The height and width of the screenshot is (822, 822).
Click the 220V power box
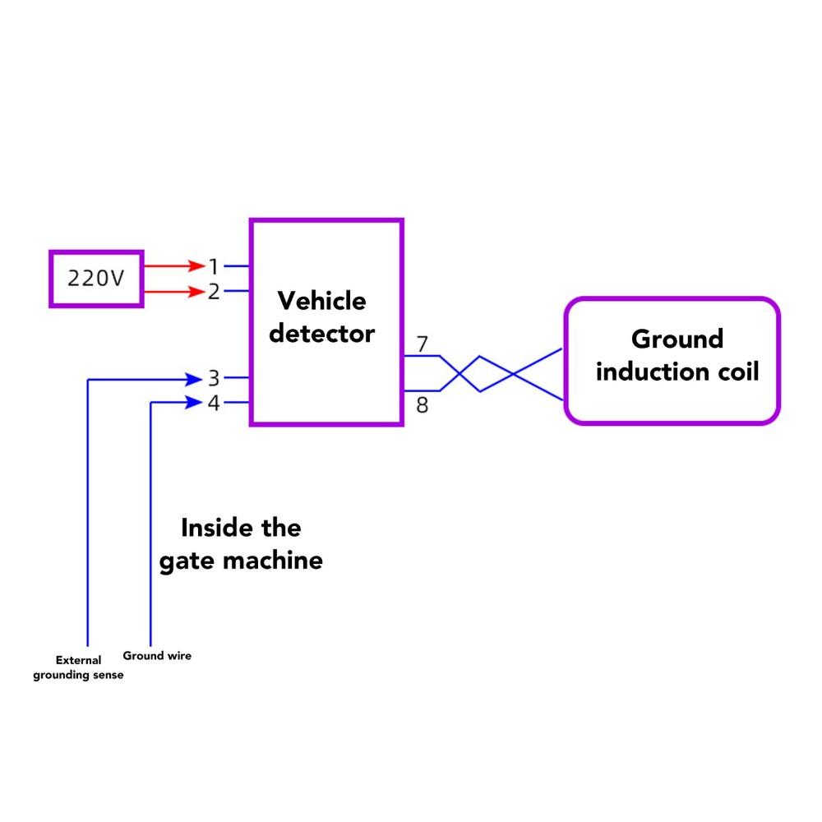click(x=96, y=279)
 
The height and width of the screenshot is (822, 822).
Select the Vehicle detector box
click(x=326, y=321)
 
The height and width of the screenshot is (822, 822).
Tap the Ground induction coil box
click(x=671, y=361)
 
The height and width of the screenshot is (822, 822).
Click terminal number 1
click(x=214, y=266)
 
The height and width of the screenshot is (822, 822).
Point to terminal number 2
click(x=214, y=291)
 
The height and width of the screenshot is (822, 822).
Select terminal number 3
click(x=214, y=379)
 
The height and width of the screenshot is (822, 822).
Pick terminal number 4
click(x=214, y=404)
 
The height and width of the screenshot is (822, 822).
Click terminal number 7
click(x=422, y=344)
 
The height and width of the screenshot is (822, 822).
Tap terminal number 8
click(x=422, y=405)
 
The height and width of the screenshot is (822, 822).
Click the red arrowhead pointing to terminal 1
click(x=196, y=266)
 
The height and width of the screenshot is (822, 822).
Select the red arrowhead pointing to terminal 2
click(x=196, y=291)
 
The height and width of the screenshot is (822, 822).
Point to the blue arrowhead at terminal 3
click(x=194, y=379)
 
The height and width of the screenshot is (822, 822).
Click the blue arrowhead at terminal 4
click(x=194, y=403)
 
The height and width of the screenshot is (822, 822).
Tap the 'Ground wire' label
click(x=157, y=656)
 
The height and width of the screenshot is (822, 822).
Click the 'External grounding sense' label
click(x=78, y=667)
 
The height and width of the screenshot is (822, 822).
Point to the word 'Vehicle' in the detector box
click(x=321, y=301)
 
